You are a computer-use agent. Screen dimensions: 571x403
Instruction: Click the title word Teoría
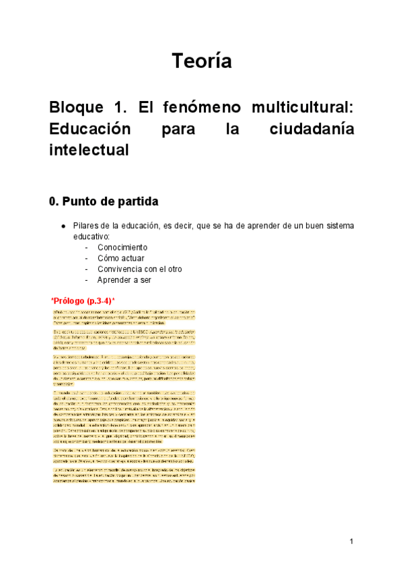(201, 61)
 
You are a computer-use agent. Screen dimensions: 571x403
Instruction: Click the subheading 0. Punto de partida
(104, 201)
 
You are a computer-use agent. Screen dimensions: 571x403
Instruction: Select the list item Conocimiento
(122, 247)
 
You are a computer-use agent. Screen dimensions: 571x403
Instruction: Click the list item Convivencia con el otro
(139, 269)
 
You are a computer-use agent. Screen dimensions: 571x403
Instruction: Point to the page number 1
(351, 541)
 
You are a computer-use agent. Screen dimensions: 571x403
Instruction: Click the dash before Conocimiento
(87, 247)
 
